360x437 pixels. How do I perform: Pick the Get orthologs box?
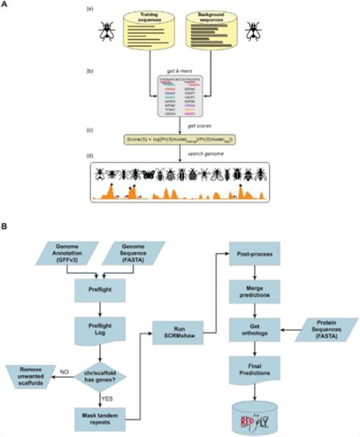[256, 331]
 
